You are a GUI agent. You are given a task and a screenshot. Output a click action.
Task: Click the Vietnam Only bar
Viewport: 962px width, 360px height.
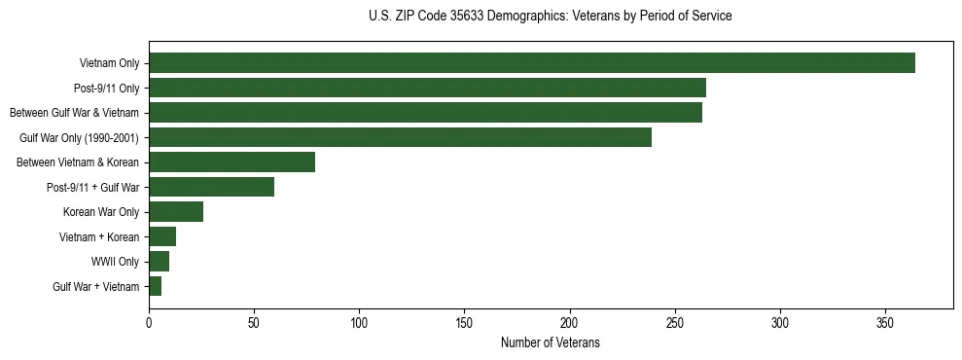tap(531, 63)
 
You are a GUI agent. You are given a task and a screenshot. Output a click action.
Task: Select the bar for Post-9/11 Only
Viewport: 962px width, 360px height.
tap(427, 88)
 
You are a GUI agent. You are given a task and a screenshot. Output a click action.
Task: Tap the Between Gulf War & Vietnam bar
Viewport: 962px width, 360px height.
tap(425, 113)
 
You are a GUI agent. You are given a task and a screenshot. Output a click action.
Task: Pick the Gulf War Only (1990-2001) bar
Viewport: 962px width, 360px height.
tap(400, 137)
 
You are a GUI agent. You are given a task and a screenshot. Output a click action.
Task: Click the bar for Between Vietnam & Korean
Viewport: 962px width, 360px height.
tap(232, 162)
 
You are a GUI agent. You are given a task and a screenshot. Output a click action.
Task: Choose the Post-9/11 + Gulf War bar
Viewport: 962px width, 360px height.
tap(211, 187)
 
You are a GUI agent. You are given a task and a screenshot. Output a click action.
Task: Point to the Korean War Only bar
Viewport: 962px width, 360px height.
tap(176, 211)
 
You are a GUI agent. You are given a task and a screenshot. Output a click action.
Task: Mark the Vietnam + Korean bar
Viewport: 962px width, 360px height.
tap(162, 236)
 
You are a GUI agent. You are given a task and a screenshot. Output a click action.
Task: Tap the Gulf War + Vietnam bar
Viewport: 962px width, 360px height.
tap(155, 286)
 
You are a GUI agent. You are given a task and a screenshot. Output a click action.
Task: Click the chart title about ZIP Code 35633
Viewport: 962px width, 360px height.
tap(550, 16)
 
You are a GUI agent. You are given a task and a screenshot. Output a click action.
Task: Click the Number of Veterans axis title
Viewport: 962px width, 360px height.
tap(550, 343)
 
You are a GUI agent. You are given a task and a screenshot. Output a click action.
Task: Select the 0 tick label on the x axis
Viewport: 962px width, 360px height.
tap(149, 321)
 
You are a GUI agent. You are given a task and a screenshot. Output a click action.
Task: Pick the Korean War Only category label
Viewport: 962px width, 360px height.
tap(101, 212)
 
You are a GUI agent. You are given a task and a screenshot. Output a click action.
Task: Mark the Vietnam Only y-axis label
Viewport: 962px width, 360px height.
tap(109, 64)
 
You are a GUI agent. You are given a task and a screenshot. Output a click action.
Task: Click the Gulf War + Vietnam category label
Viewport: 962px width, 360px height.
tap(95, 287)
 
